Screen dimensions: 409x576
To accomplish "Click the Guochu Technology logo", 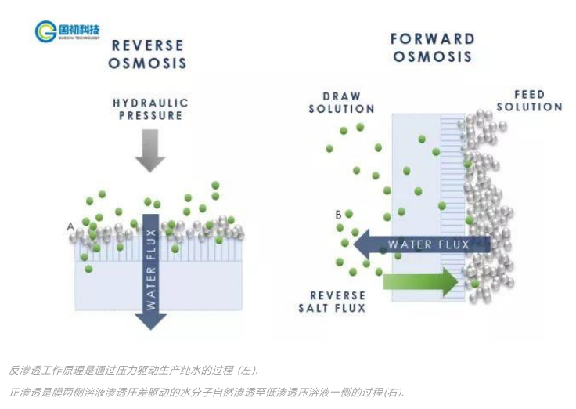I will click(x=68, y=31).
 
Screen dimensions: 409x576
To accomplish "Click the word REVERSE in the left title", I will click(x=147, y=45).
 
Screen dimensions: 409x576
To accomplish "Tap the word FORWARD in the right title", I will click(x=432, y=38).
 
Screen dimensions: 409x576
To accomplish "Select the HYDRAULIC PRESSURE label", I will click(x=150, y=109).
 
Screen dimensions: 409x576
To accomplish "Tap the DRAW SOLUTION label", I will click(x=341, y=103).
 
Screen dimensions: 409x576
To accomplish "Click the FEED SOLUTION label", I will click(x=529, y=100).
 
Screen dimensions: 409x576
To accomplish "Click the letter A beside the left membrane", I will click(x=70, y=227).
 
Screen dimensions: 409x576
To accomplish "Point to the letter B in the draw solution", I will click(x=338, y=214).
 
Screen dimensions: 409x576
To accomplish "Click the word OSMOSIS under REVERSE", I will click(x=147, y=63).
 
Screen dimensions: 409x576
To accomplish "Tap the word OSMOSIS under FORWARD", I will click(x=432, y=56).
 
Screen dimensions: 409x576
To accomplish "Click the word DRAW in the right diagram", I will click(x=342, y=96).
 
